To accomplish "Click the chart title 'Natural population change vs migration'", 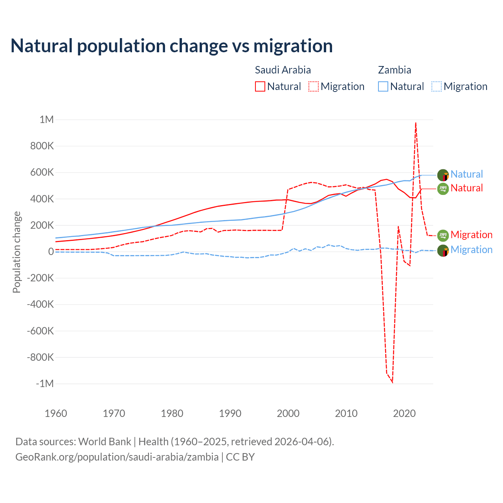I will (x=172, y=46).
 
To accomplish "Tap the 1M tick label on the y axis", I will (x=46, y=119).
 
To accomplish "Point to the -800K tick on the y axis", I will (x=40, y=357).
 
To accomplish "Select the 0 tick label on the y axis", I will (x=51, y=251).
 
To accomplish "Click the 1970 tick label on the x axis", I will (x=114, y=413).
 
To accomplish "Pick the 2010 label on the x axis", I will (x=346, y=413).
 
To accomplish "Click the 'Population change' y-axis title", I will (x=17, y=252).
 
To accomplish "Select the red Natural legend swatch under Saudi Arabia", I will (x=260, y=86).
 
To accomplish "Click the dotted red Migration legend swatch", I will (x=313, y=86).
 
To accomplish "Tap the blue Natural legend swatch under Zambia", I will (x=383, y=86).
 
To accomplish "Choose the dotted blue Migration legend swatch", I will (x=436, y=86).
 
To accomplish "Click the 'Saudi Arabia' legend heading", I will (x=283, y=70).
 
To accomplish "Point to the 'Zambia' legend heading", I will (x=394, y=70).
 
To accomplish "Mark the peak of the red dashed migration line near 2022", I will (x=416, y=123).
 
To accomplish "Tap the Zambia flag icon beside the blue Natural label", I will (x=443, y=175).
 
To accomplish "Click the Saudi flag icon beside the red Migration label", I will (x=443, y=235).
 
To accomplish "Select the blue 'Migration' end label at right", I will (x=471, y=250).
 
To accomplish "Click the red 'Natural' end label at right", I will (x=466, y=188).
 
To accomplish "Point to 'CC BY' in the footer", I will (x=240, y=457).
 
